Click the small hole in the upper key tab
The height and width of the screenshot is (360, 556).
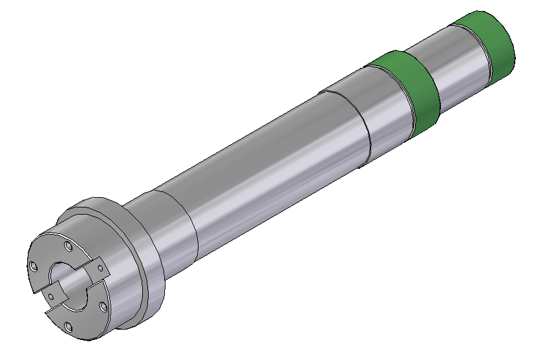pyautogui.click(x=99, y=264)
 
